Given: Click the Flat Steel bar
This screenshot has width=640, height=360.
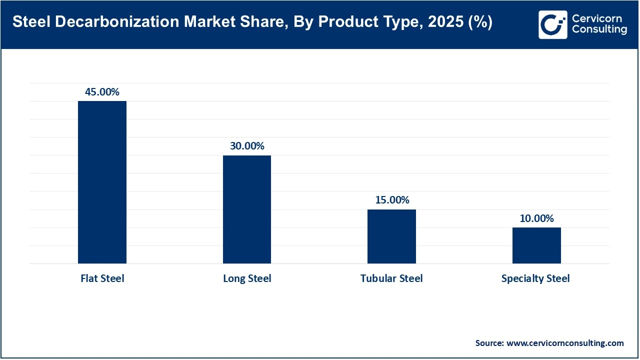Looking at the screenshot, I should [102, 182].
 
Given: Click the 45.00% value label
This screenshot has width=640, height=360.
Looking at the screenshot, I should [102, 92].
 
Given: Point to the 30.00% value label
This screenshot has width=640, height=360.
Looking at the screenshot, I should [247, 146].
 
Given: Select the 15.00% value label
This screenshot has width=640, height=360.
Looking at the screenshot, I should [392, 200].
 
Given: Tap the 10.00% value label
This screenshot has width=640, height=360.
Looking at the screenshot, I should [536, 218].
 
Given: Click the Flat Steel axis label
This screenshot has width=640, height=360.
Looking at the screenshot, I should [102, 278].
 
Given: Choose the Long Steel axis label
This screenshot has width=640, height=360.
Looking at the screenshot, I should [247, 278].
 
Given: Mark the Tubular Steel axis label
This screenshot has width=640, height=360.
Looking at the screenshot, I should [391, 278].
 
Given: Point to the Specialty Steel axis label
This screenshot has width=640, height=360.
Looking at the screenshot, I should [535, 278].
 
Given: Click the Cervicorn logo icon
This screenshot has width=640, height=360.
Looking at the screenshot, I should [552, 24].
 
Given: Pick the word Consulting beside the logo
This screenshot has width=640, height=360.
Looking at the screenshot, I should [599, 30].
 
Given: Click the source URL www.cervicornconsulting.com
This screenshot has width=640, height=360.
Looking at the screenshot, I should [565, 343].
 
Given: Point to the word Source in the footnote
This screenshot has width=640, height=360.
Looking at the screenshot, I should [489, 343].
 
